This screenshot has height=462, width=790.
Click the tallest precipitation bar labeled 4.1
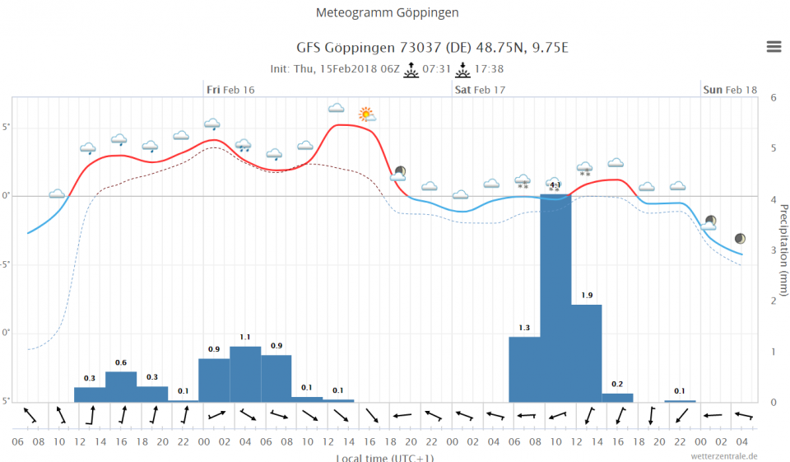[x=555, y=296]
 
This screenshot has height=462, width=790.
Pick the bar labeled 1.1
[x=245, y=374]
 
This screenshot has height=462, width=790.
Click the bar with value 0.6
[x=121, y=386]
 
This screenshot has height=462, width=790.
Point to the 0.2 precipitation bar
[x=617, y=398]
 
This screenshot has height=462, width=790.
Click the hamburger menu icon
[x=774, y=47]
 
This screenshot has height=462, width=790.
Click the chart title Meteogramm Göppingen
[x=388, y=13]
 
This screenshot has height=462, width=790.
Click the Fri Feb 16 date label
[x=230, y=89]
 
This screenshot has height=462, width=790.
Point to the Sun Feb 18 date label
[x=729, y=89]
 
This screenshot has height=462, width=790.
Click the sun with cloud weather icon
[x=366, y=114]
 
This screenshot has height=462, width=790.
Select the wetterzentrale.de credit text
[x=724, y=455]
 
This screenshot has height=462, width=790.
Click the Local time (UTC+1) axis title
[x=384, y=457]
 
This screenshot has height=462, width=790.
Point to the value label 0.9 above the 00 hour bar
[x=214, y=350]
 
